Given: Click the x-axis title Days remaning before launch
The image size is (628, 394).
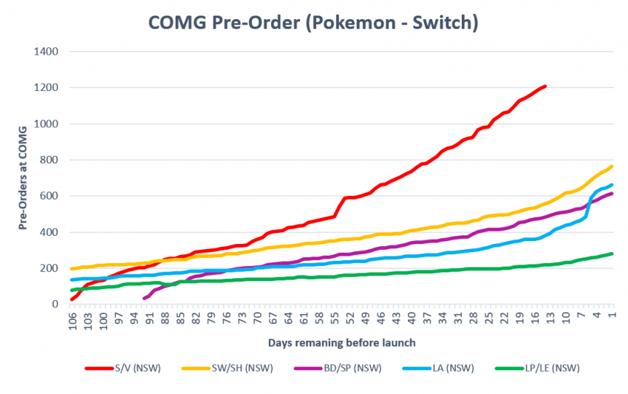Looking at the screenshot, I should pyautogui.click(x=342, y=342).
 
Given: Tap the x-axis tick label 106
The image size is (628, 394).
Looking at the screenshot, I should pyautogui.click(x=73, y=319).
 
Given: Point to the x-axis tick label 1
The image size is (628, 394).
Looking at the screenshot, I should pyautogui.click(x=612, y=316).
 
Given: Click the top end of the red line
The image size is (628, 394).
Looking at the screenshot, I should pyautogui.click(x=545, y=86).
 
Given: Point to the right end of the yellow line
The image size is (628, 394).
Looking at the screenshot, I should pyautogui.click(x=612, y=166).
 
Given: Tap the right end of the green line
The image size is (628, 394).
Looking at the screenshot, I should pyautogui.click(x=612, y=254).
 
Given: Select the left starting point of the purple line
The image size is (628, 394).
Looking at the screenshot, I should pyautogui.click(x=144, y=299).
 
